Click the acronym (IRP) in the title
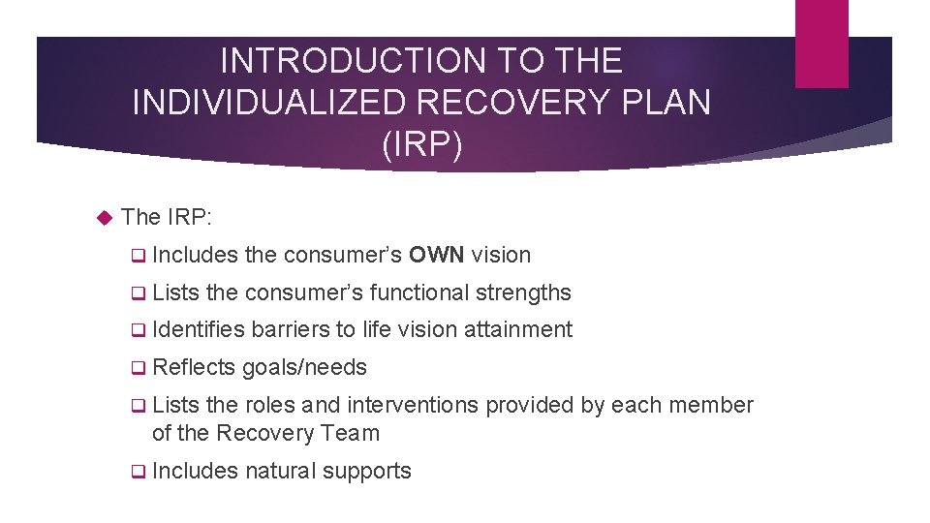click(x=422, y=144)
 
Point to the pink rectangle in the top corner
click(x=821, y=44)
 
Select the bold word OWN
click(x=437, y=256)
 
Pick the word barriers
click(x=291, y=330)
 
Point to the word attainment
click(x=518, y=330)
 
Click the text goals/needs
click(x=304, y=367)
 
